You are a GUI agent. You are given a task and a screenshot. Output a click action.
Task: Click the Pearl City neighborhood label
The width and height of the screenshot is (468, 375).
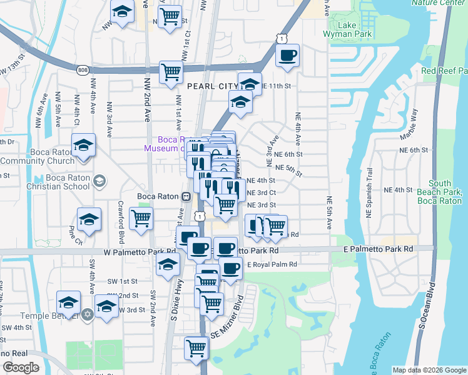[210, 85]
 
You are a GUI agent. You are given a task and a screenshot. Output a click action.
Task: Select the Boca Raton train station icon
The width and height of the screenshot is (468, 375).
[186, 196]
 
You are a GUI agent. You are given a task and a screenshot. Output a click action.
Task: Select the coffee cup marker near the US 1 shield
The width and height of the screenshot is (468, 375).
[287, 55]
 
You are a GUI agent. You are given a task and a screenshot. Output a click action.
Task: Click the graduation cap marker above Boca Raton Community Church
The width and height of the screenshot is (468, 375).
[83, 144]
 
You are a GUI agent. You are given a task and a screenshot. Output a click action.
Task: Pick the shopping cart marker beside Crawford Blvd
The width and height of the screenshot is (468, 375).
[141, 218]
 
